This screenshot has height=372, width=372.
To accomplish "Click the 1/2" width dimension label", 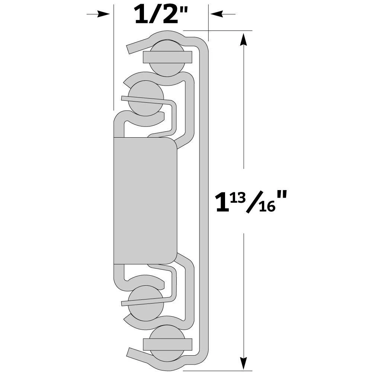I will tap(160, 14).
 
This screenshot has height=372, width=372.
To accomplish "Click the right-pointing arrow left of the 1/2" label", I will tap(98, 14).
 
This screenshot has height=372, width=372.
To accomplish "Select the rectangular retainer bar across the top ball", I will tap(167, 57).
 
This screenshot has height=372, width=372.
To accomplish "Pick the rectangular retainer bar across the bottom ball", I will tap(167, 344).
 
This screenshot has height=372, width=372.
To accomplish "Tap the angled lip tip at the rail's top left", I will tap(131, 48).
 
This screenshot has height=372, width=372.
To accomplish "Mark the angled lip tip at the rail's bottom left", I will tap(131, 353).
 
